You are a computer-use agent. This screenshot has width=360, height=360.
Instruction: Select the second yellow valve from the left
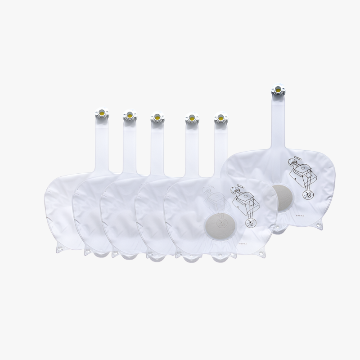(128, 116)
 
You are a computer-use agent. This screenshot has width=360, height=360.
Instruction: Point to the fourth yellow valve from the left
(190, 118)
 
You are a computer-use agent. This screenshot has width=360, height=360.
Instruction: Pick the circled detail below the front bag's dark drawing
(249, 223)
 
